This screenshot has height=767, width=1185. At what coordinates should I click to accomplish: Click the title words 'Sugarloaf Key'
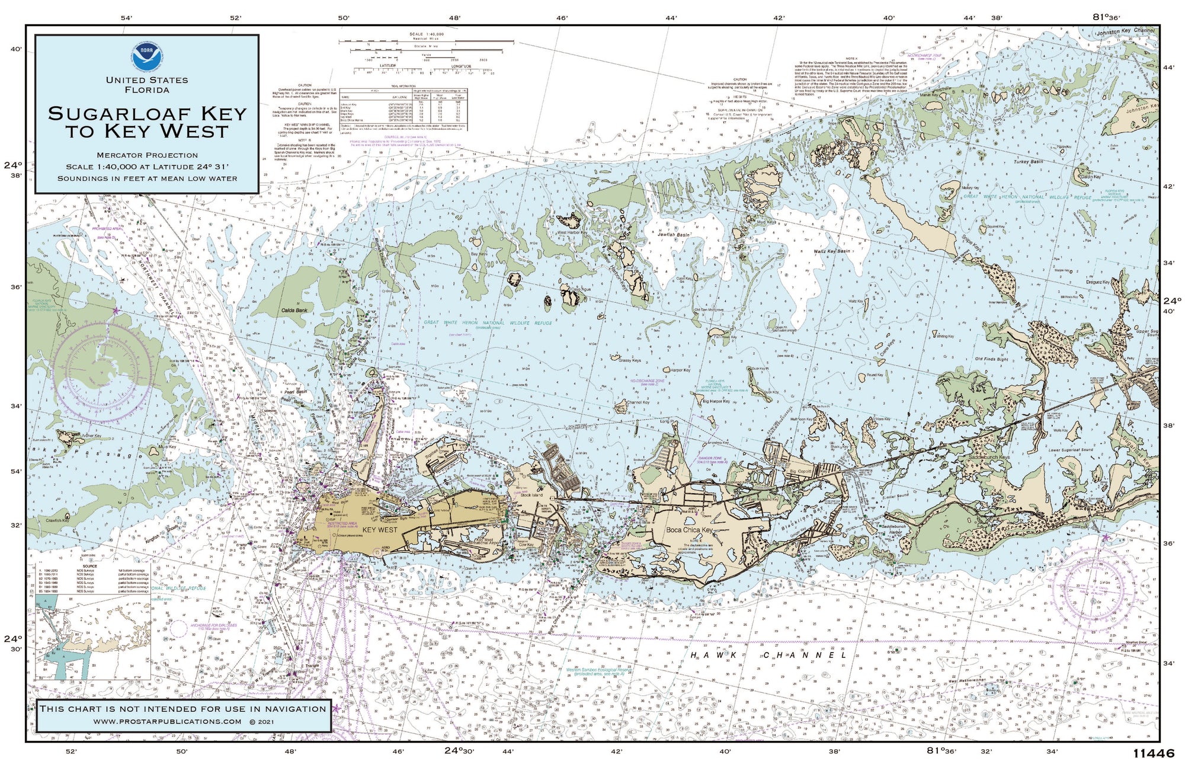pyautogui.click(x=147, y=113)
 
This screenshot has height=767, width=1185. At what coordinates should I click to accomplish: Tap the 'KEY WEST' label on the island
pyautogui.click(x=380, y=529)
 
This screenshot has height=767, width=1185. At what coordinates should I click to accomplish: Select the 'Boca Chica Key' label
pyautogui.click(x=689, y=530)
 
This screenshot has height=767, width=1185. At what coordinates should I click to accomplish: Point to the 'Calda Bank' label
pyautogui.click(x=294, y=310)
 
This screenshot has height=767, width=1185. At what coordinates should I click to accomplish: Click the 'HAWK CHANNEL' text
pyautogui.click(x=768, y=655)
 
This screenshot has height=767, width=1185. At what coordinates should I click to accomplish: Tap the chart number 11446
pyautogui.click(x=1153, y=753)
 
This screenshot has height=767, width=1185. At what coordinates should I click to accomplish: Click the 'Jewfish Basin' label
pyautogui.click(x=674, y=235)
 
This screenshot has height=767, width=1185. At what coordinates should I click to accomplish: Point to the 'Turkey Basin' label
pyautogui.click(x=1028, y=161)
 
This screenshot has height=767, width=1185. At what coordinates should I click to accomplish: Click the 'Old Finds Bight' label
pyautogui.click(x=991, y=359)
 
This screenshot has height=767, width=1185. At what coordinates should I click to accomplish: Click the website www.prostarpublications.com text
pyautogui.click(x=167, y=721)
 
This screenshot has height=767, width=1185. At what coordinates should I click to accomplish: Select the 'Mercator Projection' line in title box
pyautogui.click(x=147, y=155)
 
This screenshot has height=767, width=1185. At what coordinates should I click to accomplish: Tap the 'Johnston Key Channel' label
pyautogui.click(x=1126, y=31)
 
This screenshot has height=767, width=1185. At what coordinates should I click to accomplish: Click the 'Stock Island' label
pyautogui.click(x=531, y=495)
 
